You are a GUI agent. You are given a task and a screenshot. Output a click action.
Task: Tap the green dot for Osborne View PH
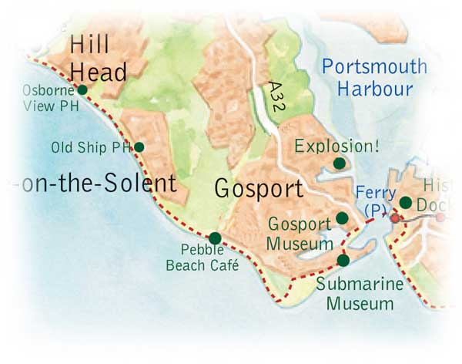pos(82,89)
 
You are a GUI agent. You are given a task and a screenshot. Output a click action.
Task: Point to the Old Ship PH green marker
pos(139,147)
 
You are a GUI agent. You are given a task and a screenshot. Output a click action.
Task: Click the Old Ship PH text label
pos(91,147)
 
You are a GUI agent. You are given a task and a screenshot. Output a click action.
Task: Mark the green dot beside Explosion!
pos(339,163)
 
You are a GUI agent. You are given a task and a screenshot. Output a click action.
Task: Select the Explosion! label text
pos(330,145)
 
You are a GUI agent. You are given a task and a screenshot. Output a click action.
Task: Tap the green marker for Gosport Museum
pos(342,218)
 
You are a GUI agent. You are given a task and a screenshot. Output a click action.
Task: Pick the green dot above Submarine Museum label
pos(343,261)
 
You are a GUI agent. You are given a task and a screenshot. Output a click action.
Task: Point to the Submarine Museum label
pos(360,294)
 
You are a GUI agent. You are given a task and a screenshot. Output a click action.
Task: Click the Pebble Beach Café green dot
pos(215,238)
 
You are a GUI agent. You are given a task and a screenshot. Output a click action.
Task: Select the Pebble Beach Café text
pos(202,258)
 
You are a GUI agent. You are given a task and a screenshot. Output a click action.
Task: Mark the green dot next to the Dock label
pos(406,203)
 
